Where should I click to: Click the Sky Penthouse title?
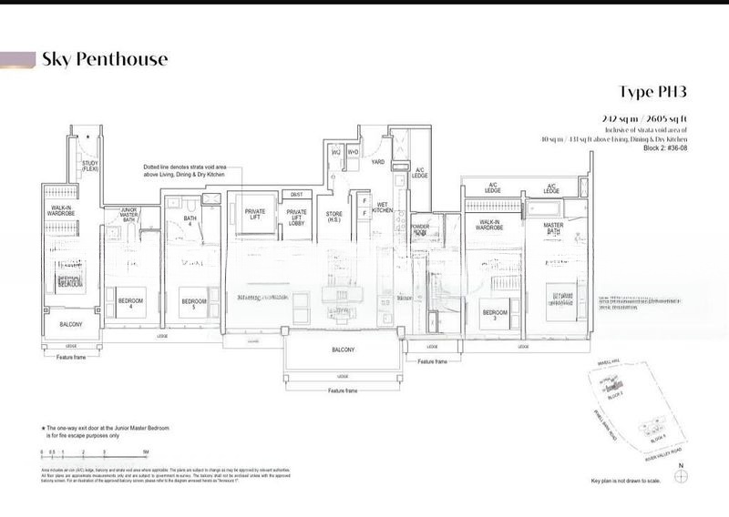tap(105, 60)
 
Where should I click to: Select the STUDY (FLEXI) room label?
tap(90, 167)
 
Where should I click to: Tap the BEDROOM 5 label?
tap(191, 304)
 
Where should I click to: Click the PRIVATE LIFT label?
tap(255, 215)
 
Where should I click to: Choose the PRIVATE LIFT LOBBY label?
tap(296, 218)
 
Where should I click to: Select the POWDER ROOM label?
tap(420, 229)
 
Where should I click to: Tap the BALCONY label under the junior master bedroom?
tap(71, 325)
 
